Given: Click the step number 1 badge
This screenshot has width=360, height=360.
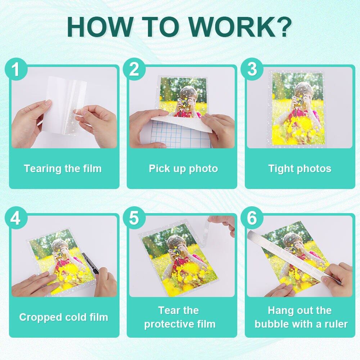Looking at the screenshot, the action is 15,69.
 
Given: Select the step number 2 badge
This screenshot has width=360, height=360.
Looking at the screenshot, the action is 134,69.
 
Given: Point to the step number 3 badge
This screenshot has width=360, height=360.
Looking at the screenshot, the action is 252,69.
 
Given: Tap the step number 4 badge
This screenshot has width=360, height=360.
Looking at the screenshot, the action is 15,218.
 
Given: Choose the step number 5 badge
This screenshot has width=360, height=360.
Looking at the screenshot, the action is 134,218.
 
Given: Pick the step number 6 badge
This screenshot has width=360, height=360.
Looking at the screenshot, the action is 252,218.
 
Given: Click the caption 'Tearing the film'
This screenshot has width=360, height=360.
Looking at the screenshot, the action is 63,168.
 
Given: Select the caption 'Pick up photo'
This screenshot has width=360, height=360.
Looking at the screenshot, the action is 183,169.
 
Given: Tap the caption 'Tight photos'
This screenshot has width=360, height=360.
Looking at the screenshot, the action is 300,169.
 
